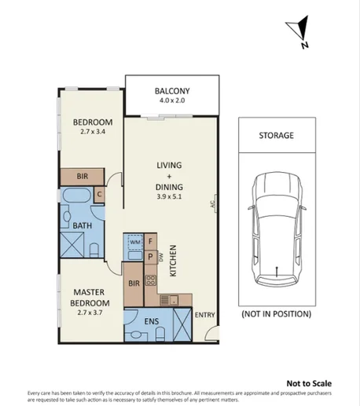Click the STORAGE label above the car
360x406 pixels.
(276, 135)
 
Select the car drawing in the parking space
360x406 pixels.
(276, 230)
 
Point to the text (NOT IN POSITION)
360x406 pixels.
(276, 313)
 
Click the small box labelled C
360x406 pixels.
(100, 192)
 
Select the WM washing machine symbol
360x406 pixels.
(134, 243)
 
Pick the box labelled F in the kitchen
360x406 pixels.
(149, 241)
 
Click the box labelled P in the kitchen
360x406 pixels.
(149, 255)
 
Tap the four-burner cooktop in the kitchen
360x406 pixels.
(150, 280)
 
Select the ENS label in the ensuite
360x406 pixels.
(151, 320)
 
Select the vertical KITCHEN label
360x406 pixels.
(172, 260)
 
